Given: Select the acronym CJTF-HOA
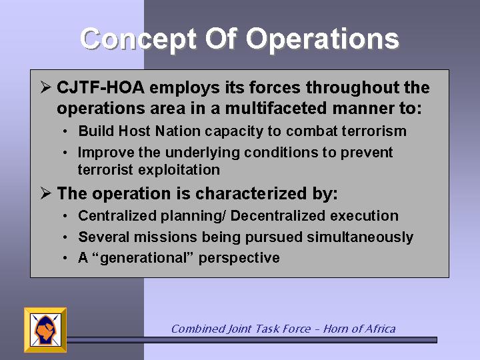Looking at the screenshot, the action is tap(101, 87).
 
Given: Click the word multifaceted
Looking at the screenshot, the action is tap(276, 109).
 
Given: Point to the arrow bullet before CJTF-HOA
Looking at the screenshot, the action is tap(45, 88).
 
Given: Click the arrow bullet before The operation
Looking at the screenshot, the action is tap(45, 194).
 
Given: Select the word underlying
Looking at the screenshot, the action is tap(202, 153).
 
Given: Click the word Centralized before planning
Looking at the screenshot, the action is tap(117, 216).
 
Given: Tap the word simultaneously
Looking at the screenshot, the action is tap(360, 237).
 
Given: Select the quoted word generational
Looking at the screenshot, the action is tap(143, 258).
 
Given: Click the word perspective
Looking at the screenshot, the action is tap(239, 258).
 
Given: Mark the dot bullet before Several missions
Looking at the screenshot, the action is tap(65, 237).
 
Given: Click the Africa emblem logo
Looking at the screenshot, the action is tap(45, 330).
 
